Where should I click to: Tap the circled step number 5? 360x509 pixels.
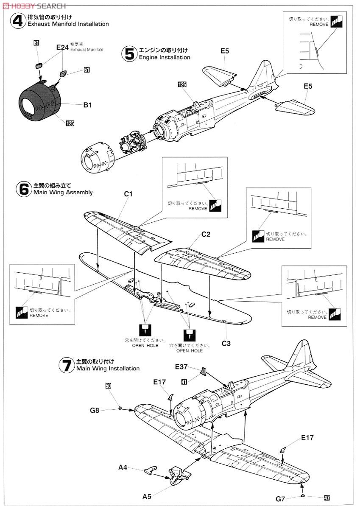[x=129, y=53]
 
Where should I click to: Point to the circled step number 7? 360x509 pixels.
[x=67, y=365]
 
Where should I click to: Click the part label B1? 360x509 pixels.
[x=87, y=105]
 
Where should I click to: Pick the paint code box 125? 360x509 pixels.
[x=70, y=123]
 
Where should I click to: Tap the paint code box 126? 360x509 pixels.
[x=182, y=84]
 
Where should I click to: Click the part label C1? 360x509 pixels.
[x=128, y=194]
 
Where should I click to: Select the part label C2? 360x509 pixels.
[x=206, y=234]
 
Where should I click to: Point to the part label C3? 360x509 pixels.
[x=226, y=343]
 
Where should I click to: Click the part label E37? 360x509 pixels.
[x=181, y=366]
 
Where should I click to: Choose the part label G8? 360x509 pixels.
[x=95, y=410]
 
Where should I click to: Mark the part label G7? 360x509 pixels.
[x=280, y=499]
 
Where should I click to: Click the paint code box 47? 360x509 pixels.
[x=327, y=499]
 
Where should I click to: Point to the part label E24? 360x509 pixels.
[x=62, y=48]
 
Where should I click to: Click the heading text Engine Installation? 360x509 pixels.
[x=165, y=57]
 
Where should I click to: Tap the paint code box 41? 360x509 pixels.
[x=184, y=382]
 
